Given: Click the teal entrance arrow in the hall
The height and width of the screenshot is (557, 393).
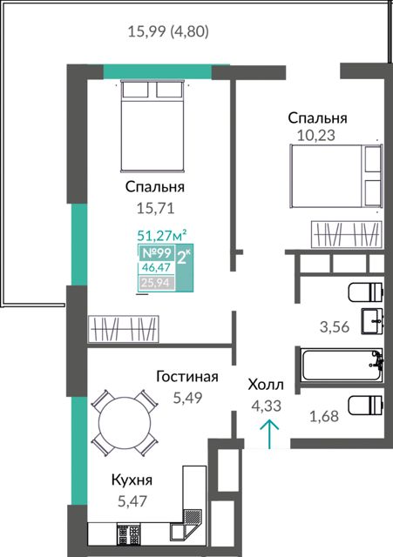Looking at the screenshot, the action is (269, 434).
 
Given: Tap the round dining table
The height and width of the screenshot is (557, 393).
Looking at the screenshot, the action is (124, 422).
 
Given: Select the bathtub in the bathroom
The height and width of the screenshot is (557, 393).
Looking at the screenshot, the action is (341, 365).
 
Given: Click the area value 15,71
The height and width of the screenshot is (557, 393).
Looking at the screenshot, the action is (155, 208).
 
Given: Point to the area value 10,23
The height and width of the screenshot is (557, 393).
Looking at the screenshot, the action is (315, 136).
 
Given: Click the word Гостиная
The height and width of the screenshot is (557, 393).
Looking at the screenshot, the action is (187, 377).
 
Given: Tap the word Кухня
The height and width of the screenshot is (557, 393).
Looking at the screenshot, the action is (132, 480).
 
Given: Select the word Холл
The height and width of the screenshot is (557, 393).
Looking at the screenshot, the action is (266, 385).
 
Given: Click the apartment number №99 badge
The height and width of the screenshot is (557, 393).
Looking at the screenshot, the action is (157, 253).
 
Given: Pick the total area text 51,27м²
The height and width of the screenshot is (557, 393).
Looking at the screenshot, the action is (162, 235).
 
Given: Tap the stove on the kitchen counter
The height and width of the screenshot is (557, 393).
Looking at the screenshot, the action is (128, 534).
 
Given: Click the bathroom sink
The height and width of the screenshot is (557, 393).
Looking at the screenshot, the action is (372, 321).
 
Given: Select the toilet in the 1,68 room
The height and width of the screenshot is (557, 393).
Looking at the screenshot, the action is (366, 406).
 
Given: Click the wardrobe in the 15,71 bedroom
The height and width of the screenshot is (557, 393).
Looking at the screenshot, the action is (123, 329).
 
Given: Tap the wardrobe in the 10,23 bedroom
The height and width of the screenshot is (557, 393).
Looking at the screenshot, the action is (347, 234).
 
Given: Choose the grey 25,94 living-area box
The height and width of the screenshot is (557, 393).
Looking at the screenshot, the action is (157, 283).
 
